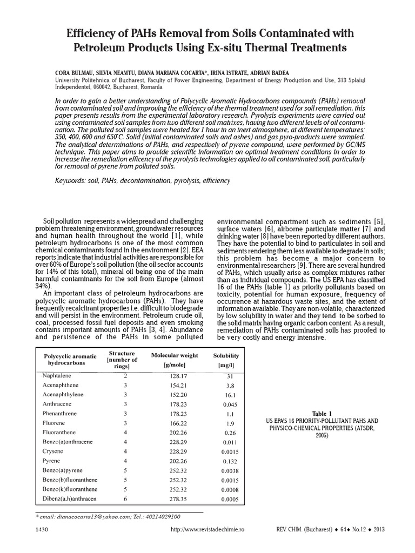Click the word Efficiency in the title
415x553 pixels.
click(92, 33)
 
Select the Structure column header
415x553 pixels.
click(122, 359)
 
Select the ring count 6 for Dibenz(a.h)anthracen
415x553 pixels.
click(125, 499)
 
